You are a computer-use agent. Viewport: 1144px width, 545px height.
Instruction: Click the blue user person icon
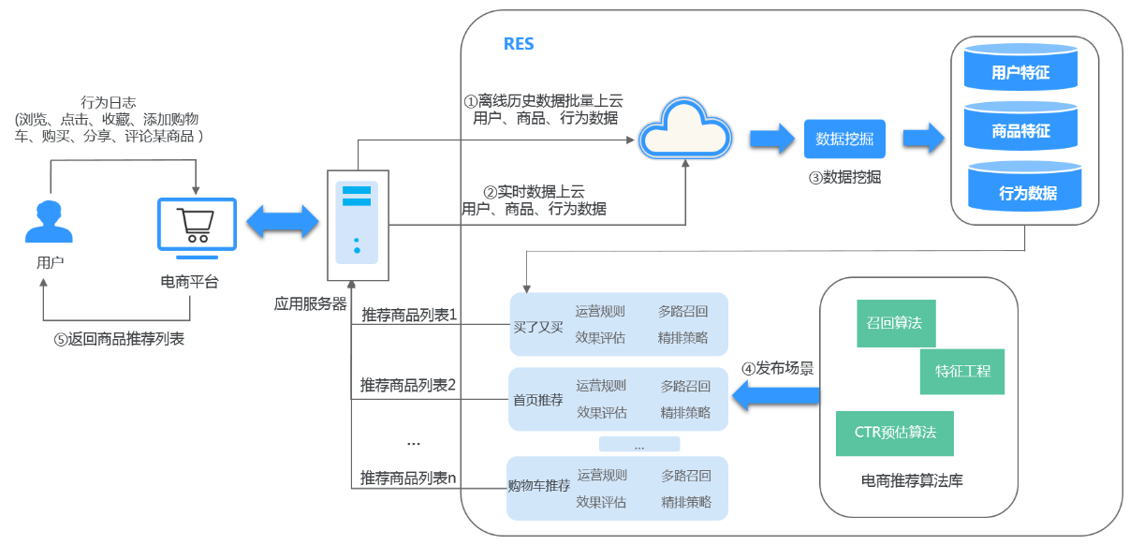50,221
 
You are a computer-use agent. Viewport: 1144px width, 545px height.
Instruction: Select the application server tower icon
357,225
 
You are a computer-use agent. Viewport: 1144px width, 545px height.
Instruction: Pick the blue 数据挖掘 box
844,140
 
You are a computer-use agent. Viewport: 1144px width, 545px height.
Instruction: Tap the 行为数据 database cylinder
1027,192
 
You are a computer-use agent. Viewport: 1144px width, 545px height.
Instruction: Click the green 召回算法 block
895,323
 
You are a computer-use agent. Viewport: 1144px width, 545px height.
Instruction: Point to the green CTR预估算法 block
895,433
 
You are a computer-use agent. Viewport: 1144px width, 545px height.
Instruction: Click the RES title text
519,44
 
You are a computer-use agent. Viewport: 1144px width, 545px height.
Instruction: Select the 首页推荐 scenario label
538,400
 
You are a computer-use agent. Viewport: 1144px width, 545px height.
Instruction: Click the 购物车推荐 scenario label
539,486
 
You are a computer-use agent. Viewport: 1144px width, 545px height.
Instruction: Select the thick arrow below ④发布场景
775,398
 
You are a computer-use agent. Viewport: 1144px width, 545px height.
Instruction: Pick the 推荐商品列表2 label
408,384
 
